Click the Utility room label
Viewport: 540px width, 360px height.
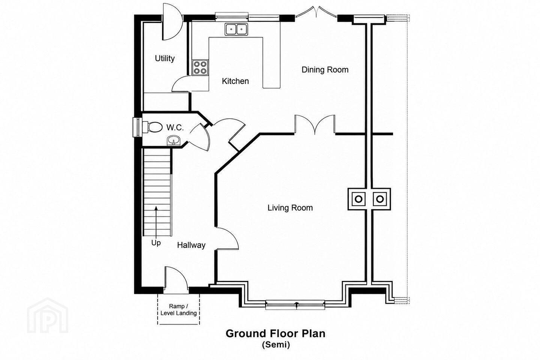(165, 58)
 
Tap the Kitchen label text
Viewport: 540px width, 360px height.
(235, 81)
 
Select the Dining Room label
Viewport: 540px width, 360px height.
(325, 70)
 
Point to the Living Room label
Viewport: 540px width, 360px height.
(290, 208)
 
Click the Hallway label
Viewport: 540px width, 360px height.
(191, 245)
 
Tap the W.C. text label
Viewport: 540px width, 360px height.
(175, 127)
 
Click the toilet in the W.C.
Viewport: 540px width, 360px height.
(153, 127)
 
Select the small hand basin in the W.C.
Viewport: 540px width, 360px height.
(173, 140)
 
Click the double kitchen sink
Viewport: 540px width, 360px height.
(236, 29)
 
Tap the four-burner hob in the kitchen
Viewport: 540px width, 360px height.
(200, 67)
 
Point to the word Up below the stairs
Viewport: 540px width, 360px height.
(156, 243)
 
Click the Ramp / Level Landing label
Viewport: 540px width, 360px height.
(178, 310)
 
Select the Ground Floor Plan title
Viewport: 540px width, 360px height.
(276, 333)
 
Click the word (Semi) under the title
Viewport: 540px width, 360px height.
(276, 345)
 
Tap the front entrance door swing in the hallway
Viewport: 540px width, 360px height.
(176, 277)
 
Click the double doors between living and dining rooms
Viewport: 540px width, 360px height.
(315, 124)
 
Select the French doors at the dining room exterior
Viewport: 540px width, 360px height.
(316, 12)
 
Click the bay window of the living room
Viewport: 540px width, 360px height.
(295, 305)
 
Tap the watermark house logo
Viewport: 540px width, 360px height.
(48, 316)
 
